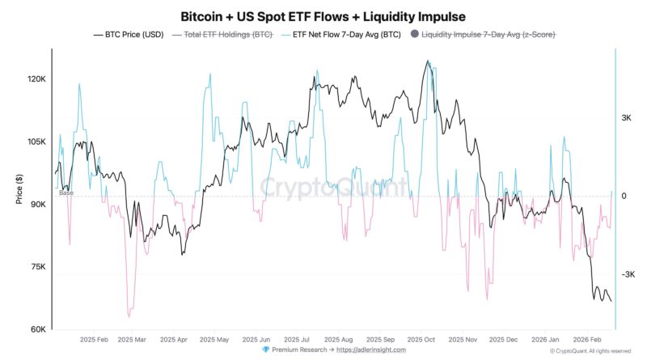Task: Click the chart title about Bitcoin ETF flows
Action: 323,16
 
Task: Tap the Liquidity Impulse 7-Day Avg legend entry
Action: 483,35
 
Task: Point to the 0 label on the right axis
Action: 624,197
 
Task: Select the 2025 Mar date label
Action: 132,341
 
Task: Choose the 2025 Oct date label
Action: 421,341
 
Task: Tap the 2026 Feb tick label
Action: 587,341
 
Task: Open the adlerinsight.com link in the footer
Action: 371,350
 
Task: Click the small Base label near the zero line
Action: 66,193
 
